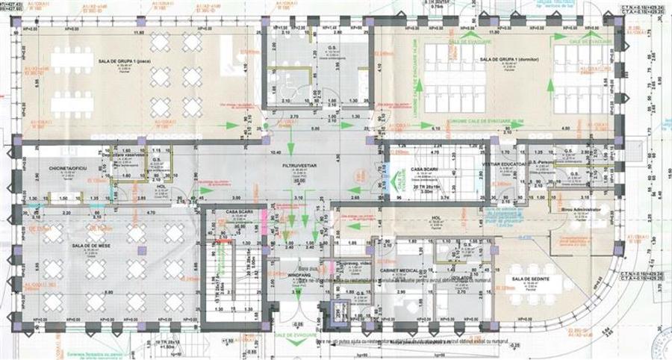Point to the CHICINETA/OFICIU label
click(x=68, y=170)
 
